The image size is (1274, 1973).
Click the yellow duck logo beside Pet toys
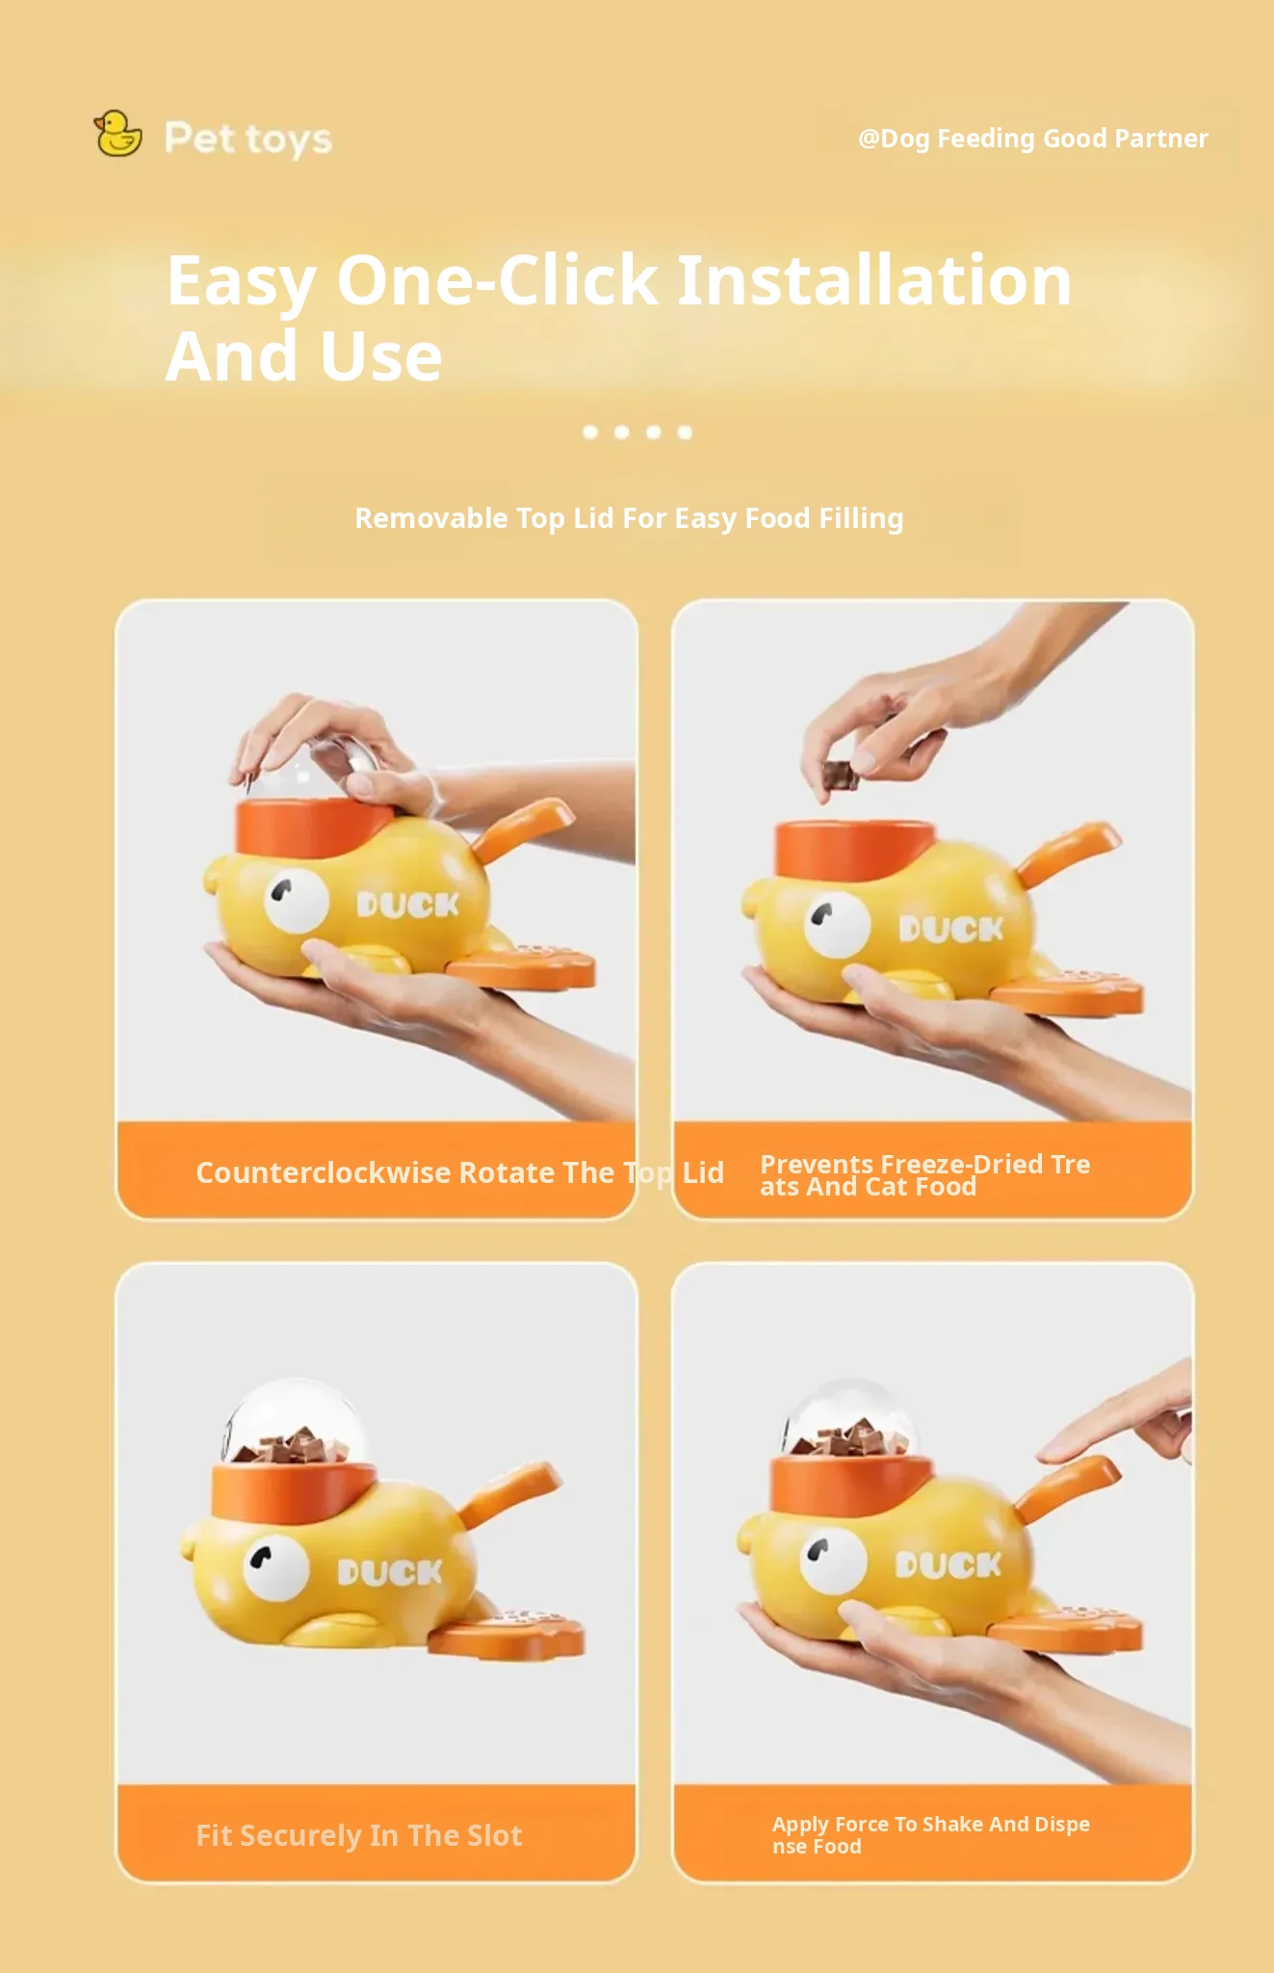[x=117, y=134]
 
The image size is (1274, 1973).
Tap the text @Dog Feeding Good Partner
[x=1032, y=139]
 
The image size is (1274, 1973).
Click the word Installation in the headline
[x=874, y=280]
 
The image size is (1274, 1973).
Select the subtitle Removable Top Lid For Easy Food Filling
[x=629, y=518]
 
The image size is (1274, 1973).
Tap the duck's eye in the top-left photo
[x=297, y=901]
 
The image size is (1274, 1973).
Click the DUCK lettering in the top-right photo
[x=951, y=929]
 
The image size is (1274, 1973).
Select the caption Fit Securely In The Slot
[x=359, y=1835]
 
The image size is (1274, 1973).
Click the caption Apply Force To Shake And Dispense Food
[x=930, y=1834]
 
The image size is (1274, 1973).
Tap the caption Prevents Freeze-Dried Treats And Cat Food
[x=924, y=1175]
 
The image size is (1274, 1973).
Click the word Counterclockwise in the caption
[x=324, y=1172]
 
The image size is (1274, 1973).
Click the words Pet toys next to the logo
[x=248, y=139]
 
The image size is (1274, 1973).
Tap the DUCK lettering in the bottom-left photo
[x=390, y=1572]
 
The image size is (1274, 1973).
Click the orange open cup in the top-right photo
[x=854, y=848]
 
